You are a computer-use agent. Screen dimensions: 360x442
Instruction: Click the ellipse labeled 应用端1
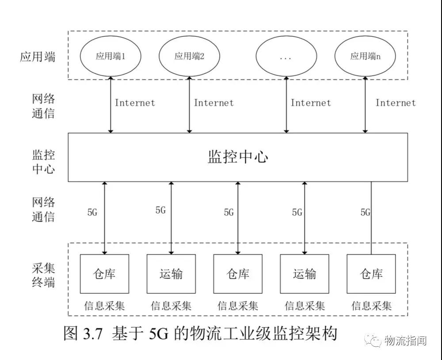(x=110, y=56)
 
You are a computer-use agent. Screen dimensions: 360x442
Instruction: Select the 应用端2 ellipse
(x=189, y=56)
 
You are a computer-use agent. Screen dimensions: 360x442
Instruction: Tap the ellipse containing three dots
(x=286, y=56)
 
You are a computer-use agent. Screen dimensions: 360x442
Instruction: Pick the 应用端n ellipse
(x=365, y=56)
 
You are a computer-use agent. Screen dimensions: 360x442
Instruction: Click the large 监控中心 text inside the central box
(x=238, y=157)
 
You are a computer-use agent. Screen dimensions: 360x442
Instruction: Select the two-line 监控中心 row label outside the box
(x=43, y=162)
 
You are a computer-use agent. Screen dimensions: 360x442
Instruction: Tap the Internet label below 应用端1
(x=135, y=103)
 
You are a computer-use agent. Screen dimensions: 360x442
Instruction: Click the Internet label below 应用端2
(x=213, y=103)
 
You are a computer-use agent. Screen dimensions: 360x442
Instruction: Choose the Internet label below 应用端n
(x=396, y=103)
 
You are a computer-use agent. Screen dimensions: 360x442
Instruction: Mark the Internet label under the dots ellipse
(x=311, y=103)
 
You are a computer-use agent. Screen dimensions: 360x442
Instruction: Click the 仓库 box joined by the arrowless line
(x=371, y=274)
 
